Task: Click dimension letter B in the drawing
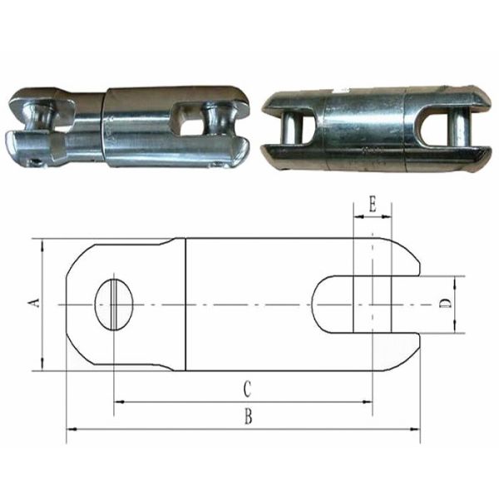(247, 417)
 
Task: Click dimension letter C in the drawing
(247, 388)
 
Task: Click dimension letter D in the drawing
(446, 304)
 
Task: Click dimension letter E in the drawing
(372, 203)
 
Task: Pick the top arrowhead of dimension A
(40, 243)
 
